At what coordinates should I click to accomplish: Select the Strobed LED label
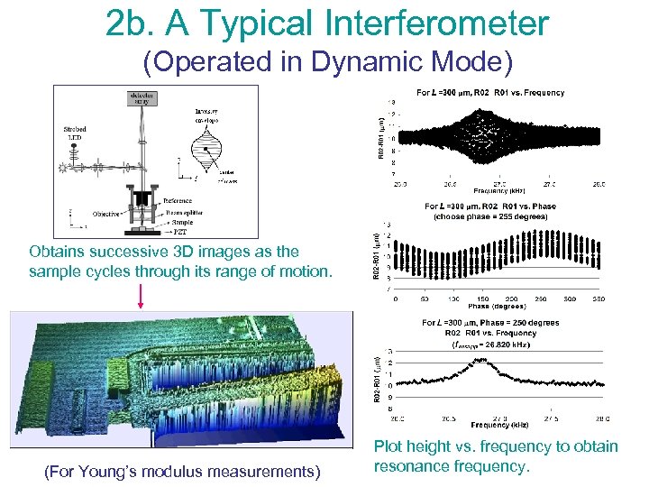tap(75, 134)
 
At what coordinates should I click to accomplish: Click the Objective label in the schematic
tap(107, 214)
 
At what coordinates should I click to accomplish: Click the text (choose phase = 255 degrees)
tap(495, 216)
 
